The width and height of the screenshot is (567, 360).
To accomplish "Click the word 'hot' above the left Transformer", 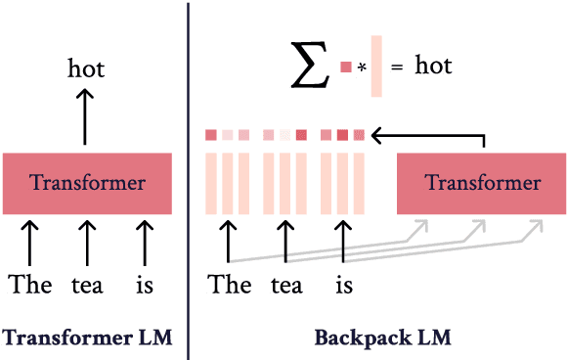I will (86, 68).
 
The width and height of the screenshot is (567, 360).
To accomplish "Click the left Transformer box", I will (87, 183).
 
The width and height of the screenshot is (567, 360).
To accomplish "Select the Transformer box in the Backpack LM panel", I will (482, 183).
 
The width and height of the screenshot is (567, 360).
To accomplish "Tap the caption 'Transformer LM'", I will (87, 338).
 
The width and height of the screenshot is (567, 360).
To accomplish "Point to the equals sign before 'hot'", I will (396, 68).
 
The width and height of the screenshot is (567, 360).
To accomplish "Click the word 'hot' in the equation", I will (434, 67).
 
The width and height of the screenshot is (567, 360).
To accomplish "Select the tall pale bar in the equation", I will (376, 67).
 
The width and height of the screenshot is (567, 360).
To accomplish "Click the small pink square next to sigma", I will (345, 67).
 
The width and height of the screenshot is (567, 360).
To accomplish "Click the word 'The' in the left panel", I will (29, 285).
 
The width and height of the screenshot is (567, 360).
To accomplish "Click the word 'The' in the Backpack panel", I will (230, 285).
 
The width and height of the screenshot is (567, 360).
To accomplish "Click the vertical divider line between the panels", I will (188, 180).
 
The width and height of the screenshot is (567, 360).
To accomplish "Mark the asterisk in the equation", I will (361, 68).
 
